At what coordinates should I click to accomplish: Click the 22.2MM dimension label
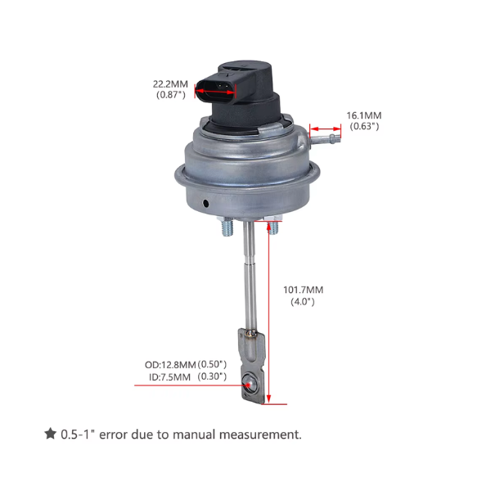(x=170, y=83)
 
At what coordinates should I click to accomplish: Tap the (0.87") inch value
(x=170, y=95)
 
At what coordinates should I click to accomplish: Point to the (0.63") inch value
(x=364, y=127)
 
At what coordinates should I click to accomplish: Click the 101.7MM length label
(x=303, y=289)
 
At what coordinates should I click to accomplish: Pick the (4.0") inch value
(x=303, y=302)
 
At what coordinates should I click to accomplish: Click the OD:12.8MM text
(x=170, y=364)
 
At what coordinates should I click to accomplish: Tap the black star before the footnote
(x=50, y=434)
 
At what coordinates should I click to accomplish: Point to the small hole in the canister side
(x=206, y=200)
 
